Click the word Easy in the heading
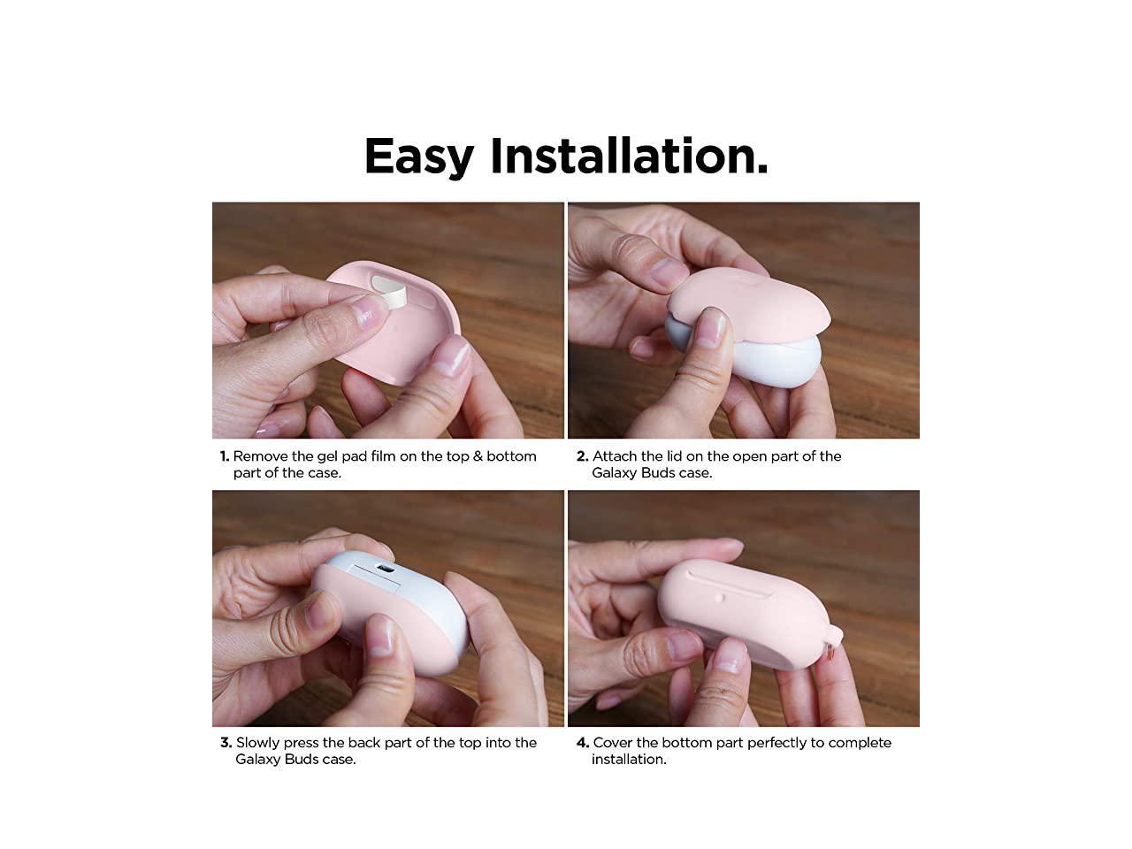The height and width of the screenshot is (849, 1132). click(419, 157)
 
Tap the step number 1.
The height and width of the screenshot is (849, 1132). click(225, 456)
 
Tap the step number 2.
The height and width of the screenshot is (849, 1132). click(582, 456)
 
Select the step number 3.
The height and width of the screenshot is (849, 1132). click(226, 743)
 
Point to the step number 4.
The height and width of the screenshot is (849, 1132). click(583, 743)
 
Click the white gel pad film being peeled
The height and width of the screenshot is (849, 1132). click(390, 291)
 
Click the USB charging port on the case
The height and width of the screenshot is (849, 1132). click(386, 569)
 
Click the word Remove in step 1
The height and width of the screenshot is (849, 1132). click(260, 456)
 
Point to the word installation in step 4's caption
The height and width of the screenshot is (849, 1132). click(629, 760)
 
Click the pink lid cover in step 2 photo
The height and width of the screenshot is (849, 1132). click(748, 304)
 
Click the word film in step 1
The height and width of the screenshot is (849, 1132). click(383, 456)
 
